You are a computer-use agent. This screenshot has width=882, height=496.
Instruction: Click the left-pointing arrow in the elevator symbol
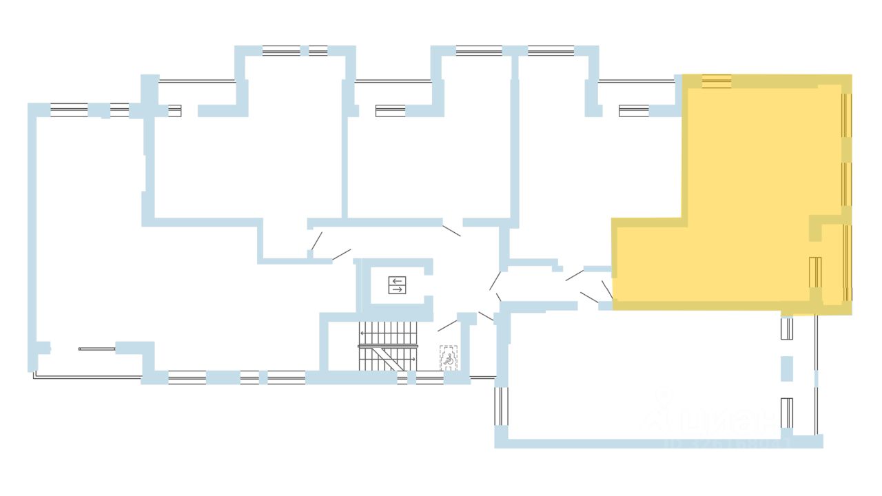(x=397, y=281)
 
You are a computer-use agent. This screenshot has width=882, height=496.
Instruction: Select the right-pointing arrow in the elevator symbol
(x=397, y=289)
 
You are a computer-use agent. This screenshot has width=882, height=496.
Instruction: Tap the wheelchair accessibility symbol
(x=449, y=358)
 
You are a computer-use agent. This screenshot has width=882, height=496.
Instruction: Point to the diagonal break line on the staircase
(x=385, y=358)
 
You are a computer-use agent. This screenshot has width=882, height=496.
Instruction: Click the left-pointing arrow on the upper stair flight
(x=363, y=333)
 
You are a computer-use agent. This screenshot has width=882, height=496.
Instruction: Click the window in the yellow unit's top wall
(x=717, y=81)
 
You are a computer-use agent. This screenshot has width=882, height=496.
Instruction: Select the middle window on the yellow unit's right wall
(x=846, y=184)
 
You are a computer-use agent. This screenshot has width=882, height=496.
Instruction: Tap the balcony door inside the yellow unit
(x=815, y=272)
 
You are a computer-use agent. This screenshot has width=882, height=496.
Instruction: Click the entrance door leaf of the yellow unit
(x=607, y=289)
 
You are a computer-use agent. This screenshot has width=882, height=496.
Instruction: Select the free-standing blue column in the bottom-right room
(x=786, y=368)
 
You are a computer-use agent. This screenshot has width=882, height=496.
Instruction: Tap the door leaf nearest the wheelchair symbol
(x=447, y=325)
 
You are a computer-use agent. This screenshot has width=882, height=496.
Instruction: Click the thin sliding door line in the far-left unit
(x=96, y=349)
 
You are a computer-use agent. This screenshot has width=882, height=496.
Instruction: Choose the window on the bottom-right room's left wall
(x=500, y=406)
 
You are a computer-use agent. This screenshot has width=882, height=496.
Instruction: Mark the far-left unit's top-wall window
(x=69, y=110)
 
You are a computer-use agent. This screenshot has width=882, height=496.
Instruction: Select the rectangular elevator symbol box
(x=397, y=285)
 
